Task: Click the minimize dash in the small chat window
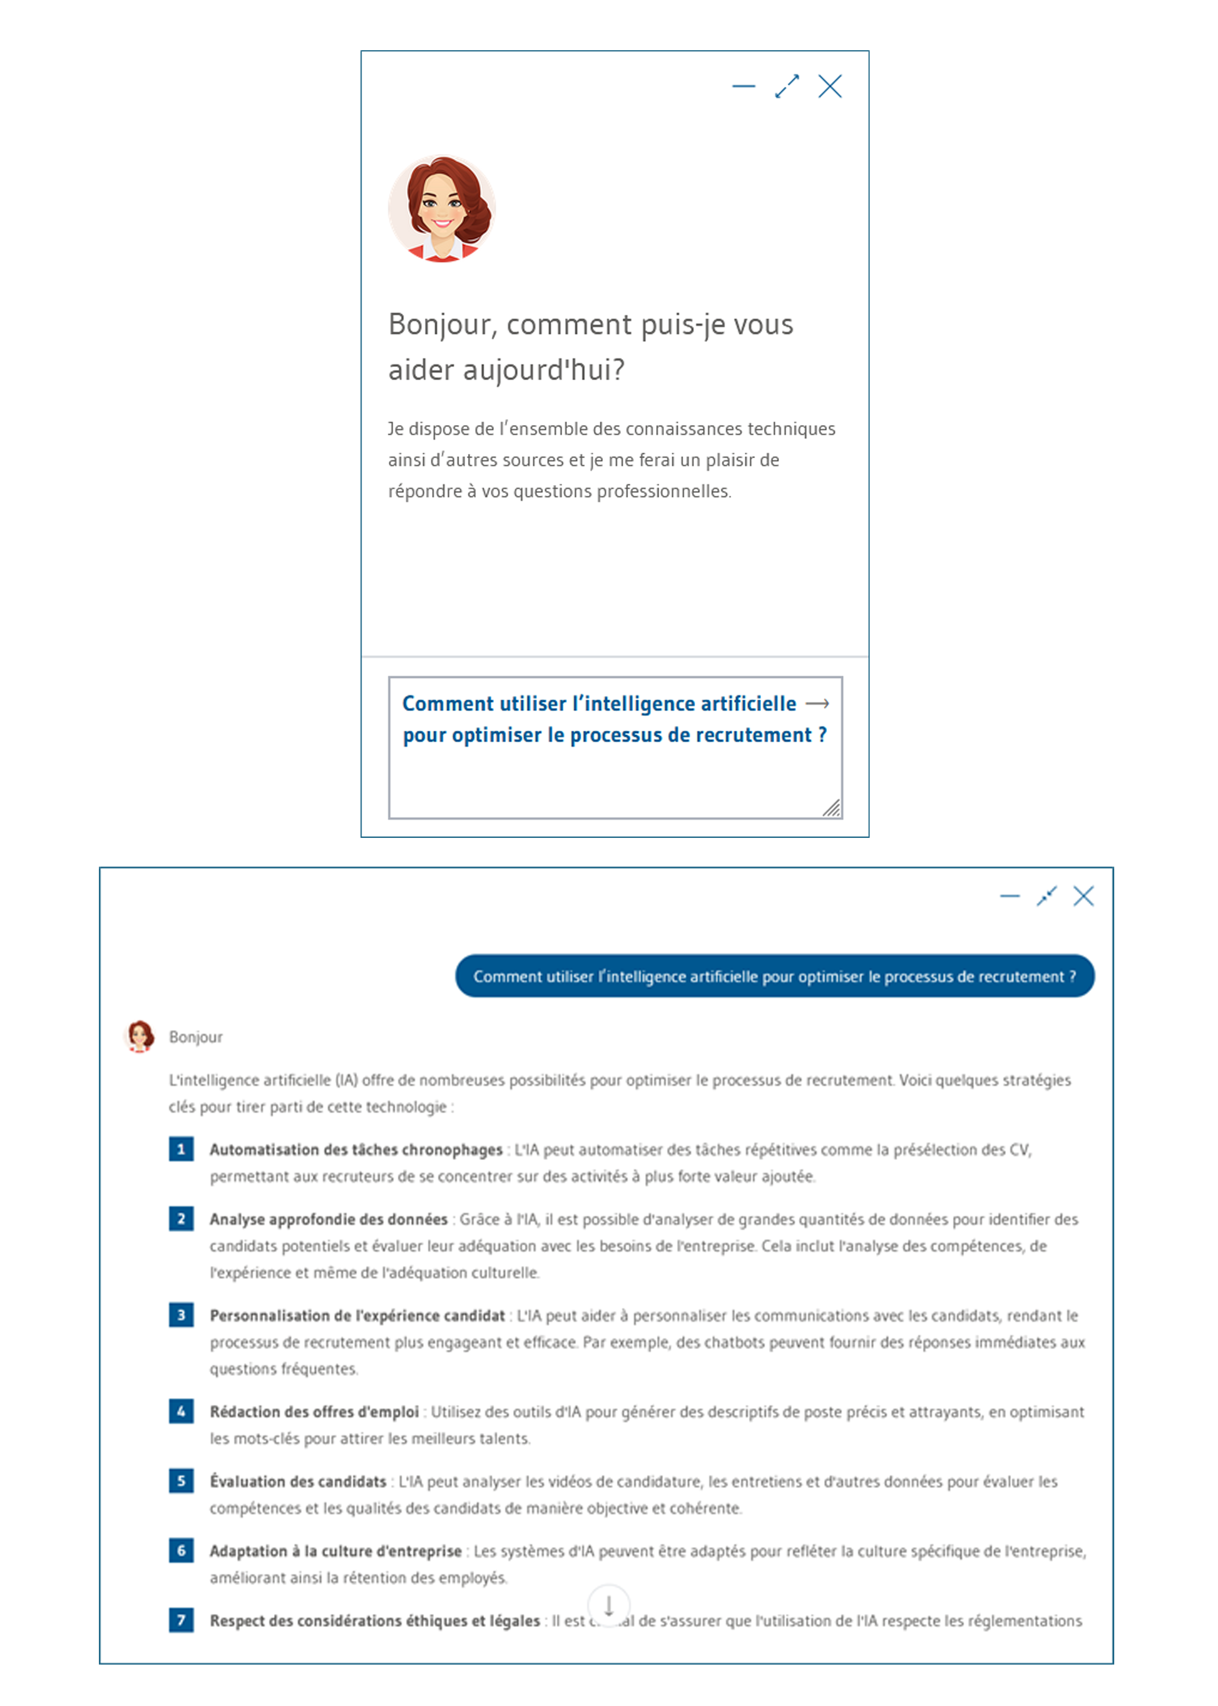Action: tap(743, 86)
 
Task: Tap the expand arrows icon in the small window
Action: tap(787, 86)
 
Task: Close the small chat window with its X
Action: tap(830, 86)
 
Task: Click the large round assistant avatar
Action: tap(442, 209)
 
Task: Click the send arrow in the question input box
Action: tap(817, 704)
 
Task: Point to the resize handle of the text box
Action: tap(831, 808)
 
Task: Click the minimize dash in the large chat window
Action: tap(1009, 896)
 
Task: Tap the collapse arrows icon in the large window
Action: tap(1046, 896)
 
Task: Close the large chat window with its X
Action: tap(1083, 896)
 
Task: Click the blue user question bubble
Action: tap(774, 976)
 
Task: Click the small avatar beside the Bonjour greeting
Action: tap(139, 1036)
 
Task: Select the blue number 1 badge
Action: tap(181, 1149)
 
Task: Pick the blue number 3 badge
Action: tap(181, 1315)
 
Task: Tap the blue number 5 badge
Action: tap(181, 1481)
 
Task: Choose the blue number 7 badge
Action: tap(181, 1621)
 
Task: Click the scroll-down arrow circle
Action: tap(608, 1606)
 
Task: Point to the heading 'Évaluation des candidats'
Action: tap(298, 1482)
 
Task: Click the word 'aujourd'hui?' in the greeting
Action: tap(544, 370)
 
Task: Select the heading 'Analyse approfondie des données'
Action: tap(328, 1219)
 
